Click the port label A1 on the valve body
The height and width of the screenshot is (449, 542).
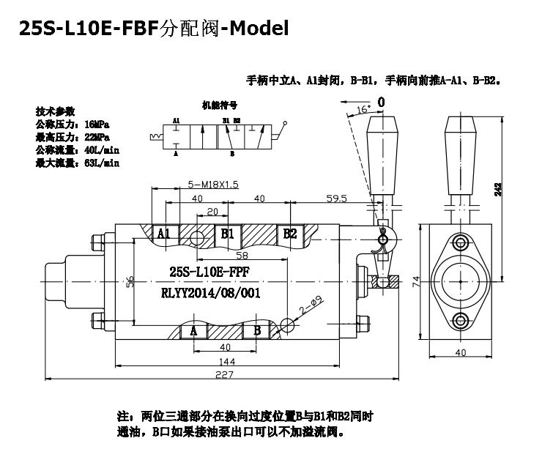click(164, 234)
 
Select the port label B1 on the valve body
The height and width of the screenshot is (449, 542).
click(227, 234)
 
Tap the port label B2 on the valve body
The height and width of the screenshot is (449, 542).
click(290, 234)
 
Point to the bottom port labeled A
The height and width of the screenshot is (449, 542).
click(194, 330)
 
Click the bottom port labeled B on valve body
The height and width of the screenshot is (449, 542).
click(257, 330)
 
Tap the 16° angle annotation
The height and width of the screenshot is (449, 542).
click(363, 109)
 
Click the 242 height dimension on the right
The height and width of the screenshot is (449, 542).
click(499, 189)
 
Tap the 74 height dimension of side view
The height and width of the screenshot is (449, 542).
click(415, 281)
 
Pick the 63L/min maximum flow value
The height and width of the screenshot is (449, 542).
click(101, 163)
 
